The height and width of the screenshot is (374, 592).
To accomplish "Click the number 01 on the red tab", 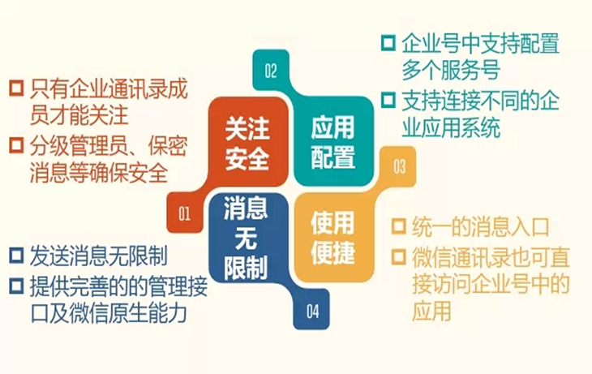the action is pos(185,214).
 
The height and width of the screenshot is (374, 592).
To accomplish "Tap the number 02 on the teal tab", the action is pos(271,71).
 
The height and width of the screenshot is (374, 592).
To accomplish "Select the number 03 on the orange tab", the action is pos(400,166).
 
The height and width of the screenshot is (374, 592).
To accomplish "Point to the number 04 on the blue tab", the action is pos(312,312).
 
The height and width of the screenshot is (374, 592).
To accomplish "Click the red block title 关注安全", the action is pos(247,143).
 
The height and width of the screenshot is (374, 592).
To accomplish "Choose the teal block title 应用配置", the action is pos(333,142).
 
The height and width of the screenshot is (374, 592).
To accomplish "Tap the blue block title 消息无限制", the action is pos(246,239).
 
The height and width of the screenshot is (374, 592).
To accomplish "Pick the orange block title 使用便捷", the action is pos(333,238).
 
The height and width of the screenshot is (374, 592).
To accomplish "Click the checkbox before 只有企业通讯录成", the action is pos(16,88).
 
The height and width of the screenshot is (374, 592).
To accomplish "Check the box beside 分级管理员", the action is pos(16,145).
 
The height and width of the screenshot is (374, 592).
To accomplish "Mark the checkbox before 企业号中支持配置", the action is pos(388,43).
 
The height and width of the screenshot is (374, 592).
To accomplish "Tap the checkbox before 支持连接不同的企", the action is pos(388,100).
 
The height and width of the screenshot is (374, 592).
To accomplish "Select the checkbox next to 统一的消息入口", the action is pos(399,226).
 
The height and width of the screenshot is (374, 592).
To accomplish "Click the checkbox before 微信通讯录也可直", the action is pos(399,256).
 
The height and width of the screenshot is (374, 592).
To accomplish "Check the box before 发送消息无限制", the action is pos(16,256).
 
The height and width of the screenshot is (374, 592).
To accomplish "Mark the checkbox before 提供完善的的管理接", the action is pos(16,286).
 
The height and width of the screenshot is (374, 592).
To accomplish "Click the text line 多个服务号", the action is pos(451,71).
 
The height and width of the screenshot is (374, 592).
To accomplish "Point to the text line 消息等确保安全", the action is pos(99,174).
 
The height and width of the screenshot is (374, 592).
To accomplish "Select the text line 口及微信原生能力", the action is pos(109,313).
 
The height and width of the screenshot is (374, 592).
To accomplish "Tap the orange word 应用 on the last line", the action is pos(431,312).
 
